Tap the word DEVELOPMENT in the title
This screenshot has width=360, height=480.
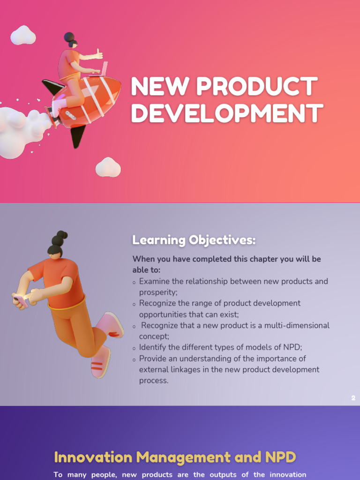pyautogui.click(x=227, y=113)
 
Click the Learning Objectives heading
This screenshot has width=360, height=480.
pyautogui.click(x=194, y=240)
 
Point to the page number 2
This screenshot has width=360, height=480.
pyautogui.click(x=353, y=398)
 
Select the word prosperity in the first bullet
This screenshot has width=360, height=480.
pyautogui.click(x=158, y=292)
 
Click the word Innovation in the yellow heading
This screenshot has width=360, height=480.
pyautogui.click(x=93, y=457)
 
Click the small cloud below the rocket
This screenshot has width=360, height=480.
pyautogui.click(x=108, y=168)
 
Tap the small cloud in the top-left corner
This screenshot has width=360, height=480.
pyautogui.click(x=23, y=36)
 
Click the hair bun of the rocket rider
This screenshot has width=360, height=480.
pyautogui.click(x=69, y=37)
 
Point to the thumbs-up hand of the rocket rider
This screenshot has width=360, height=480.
pyautogui.click(x=98, y=54)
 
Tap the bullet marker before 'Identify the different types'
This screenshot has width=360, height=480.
pyautogui.click(x=135, y=348)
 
